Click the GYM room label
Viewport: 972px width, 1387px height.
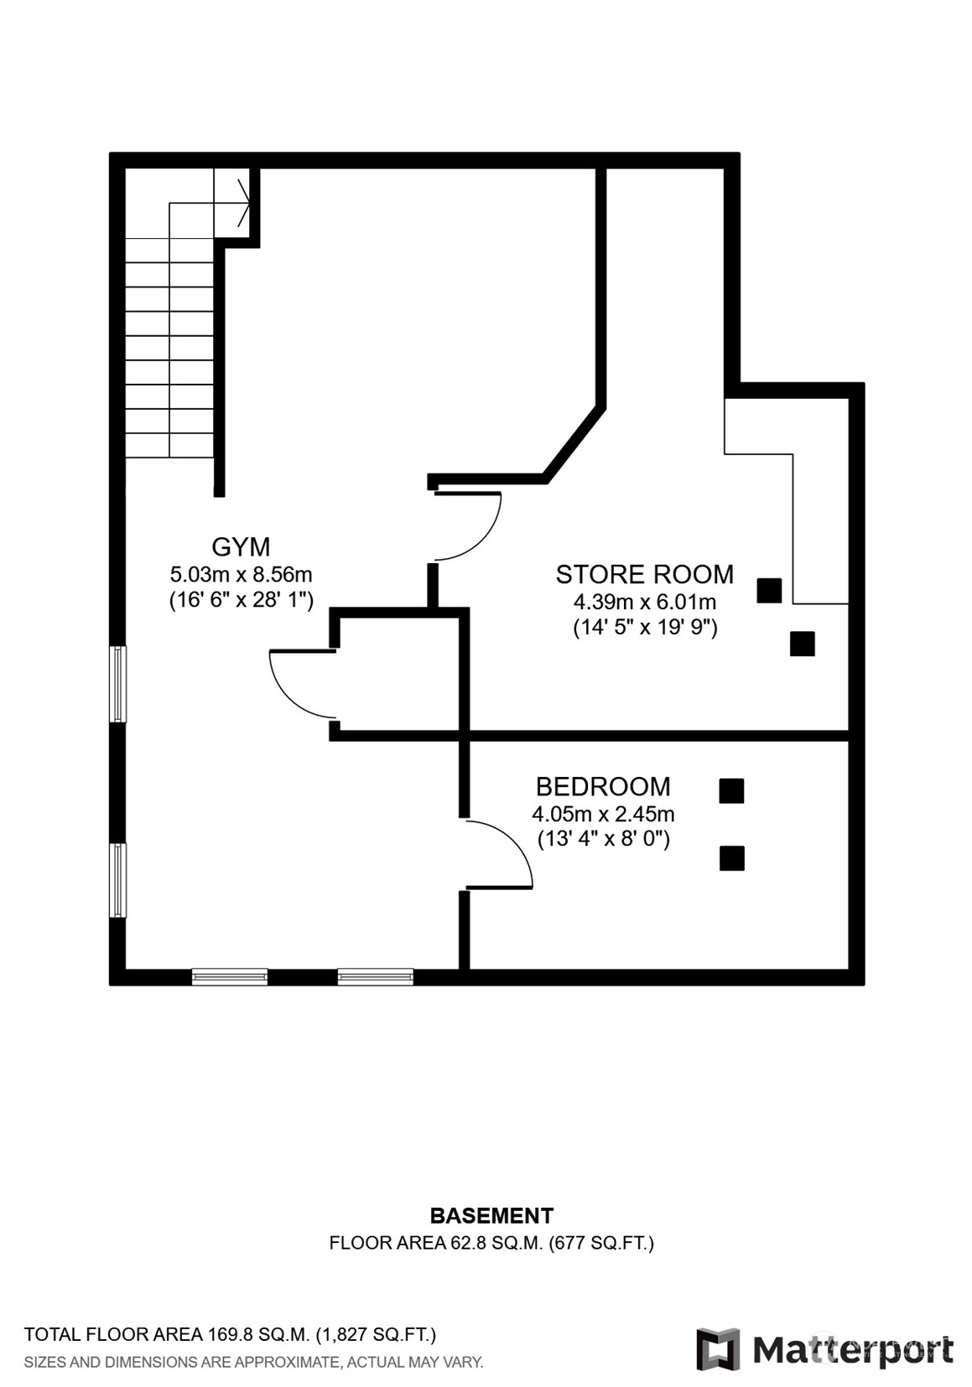tap(241, 547)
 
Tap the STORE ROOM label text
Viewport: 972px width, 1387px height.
tap(644, 575)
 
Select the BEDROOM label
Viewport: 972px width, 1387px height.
tap(603, 787)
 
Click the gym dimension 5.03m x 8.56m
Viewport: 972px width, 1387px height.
tap(241, 575)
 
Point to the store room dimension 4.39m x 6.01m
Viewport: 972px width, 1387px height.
tap(645, 601)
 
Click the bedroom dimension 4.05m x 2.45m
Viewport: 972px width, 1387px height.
tap(603, 814)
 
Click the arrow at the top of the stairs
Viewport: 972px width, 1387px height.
tap(245, 202)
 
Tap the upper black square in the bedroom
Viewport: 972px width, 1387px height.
tap(731, 790)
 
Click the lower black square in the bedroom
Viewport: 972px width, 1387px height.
tap(731, 858)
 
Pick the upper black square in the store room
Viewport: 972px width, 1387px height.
tap(769, 590)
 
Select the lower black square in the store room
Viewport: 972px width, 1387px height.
tap(803, 644)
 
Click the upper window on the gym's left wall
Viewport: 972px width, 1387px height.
tap(117, 684)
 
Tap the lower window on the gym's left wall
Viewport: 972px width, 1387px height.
tap(117, 880)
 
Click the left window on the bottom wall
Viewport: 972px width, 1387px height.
tap(230, 976)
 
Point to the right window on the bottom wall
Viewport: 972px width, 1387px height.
tap(376, 976)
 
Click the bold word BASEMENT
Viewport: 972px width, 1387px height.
tap(491, 1215)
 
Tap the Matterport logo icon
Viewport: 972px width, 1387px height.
tap(718, 1348)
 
